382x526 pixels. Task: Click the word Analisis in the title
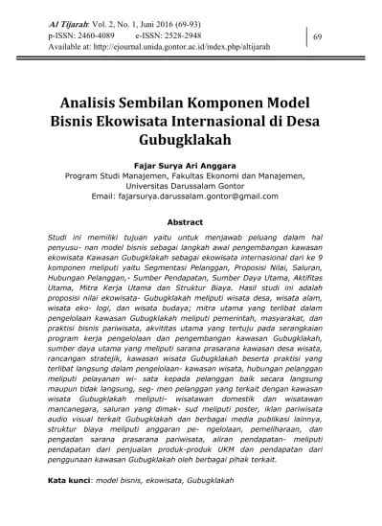pos(91,99)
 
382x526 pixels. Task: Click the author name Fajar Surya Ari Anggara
pos(191,166)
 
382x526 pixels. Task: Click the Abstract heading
pos(191,220)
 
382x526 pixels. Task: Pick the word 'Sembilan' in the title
pos(159,99)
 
